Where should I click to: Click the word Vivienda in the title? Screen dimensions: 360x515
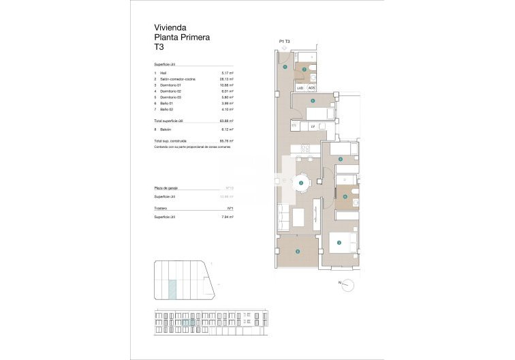tap(170, 28)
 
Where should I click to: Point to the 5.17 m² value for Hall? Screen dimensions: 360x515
tap(228, 73)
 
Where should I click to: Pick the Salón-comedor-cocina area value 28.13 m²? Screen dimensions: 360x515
tap(227, 79)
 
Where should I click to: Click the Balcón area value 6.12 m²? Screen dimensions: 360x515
tap(228, 129)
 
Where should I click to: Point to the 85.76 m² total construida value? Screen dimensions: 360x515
tap(227, 140)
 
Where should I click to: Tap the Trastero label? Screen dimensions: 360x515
tap(161, 208)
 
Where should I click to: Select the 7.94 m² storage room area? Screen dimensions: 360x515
tap(228, 217)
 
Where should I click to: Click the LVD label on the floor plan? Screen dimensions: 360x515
tap(300, 88)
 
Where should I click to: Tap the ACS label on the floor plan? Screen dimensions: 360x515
tap(311, 88)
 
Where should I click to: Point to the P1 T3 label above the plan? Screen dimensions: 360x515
tap(285, 42)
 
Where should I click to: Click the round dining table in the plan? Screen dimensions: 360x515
tap(301, 183)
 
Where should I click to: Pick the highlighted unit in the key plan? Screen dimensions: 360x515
tap(172, 289)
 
